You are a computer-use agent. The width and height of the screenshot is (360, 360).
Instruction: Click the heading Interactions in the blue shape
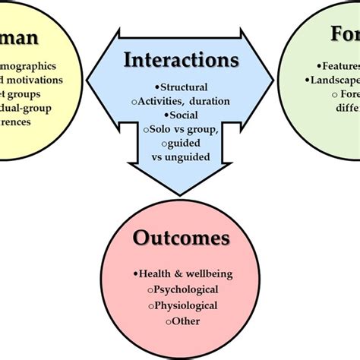tap(180, 59)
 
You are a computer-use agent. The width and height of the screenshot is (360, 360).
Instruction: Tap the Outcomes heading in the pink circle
tap(182, 238)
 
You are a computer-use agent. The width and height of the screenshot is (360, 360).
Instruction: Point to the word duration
tap(209, 100)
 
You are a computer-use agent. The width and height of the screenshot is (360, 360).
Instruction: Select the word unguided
tap(191, 159)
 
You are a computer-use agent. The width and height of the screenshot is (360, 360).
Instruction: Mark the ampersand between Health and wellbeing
tap(176, 273)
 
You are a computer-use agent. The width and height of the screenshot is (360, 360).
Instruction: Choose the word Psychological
tap(185, 289)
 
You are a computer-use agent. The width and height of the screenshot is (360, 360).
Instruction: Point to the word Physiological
tap(186, 305)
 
